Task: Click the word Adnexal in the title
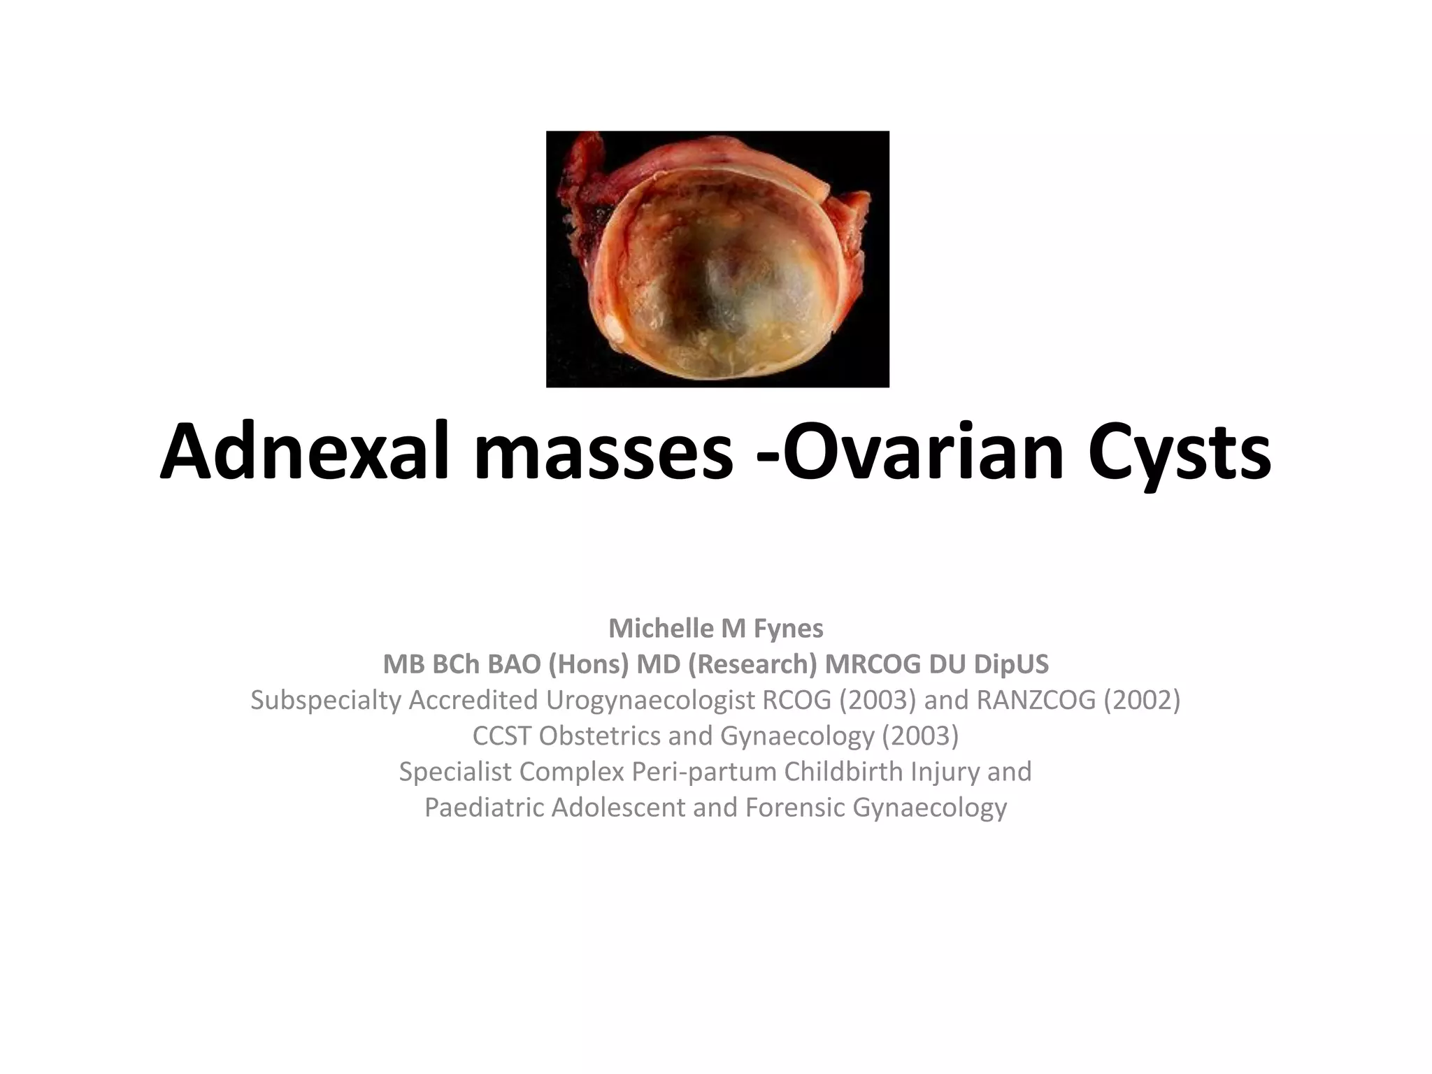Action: pos(304,452)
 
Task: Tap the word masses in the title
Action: pos(603,452)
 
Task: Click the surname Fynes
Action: pos(789,629)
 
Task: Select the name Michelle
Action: pos(661,629)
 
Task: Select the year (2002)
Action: pos(1142,700)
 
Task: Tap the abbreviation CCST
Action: pos(501,736)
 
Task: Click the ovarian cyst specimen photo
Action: pos(717,259)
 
